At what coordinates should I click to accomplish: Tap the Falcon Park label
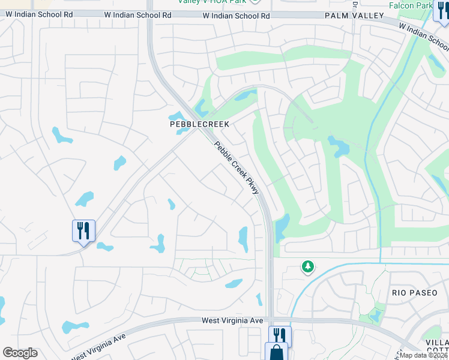[427, 5]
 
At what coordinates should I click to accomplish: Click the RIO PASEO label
[412, 292]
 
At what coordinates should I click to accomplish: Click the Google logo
[20, 352]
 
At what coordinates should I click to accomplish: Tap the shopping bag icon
[277, 352]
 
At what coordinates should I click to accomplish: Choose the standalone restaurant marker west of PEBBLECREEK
[83, 230]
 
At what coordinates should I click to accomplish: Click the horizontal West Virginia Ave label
[232, 321]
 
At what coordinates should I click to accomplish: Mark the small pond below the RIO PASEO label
[375, 314]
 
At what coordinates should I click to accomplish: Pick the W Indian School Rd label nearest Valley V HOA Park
[236, 16]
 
